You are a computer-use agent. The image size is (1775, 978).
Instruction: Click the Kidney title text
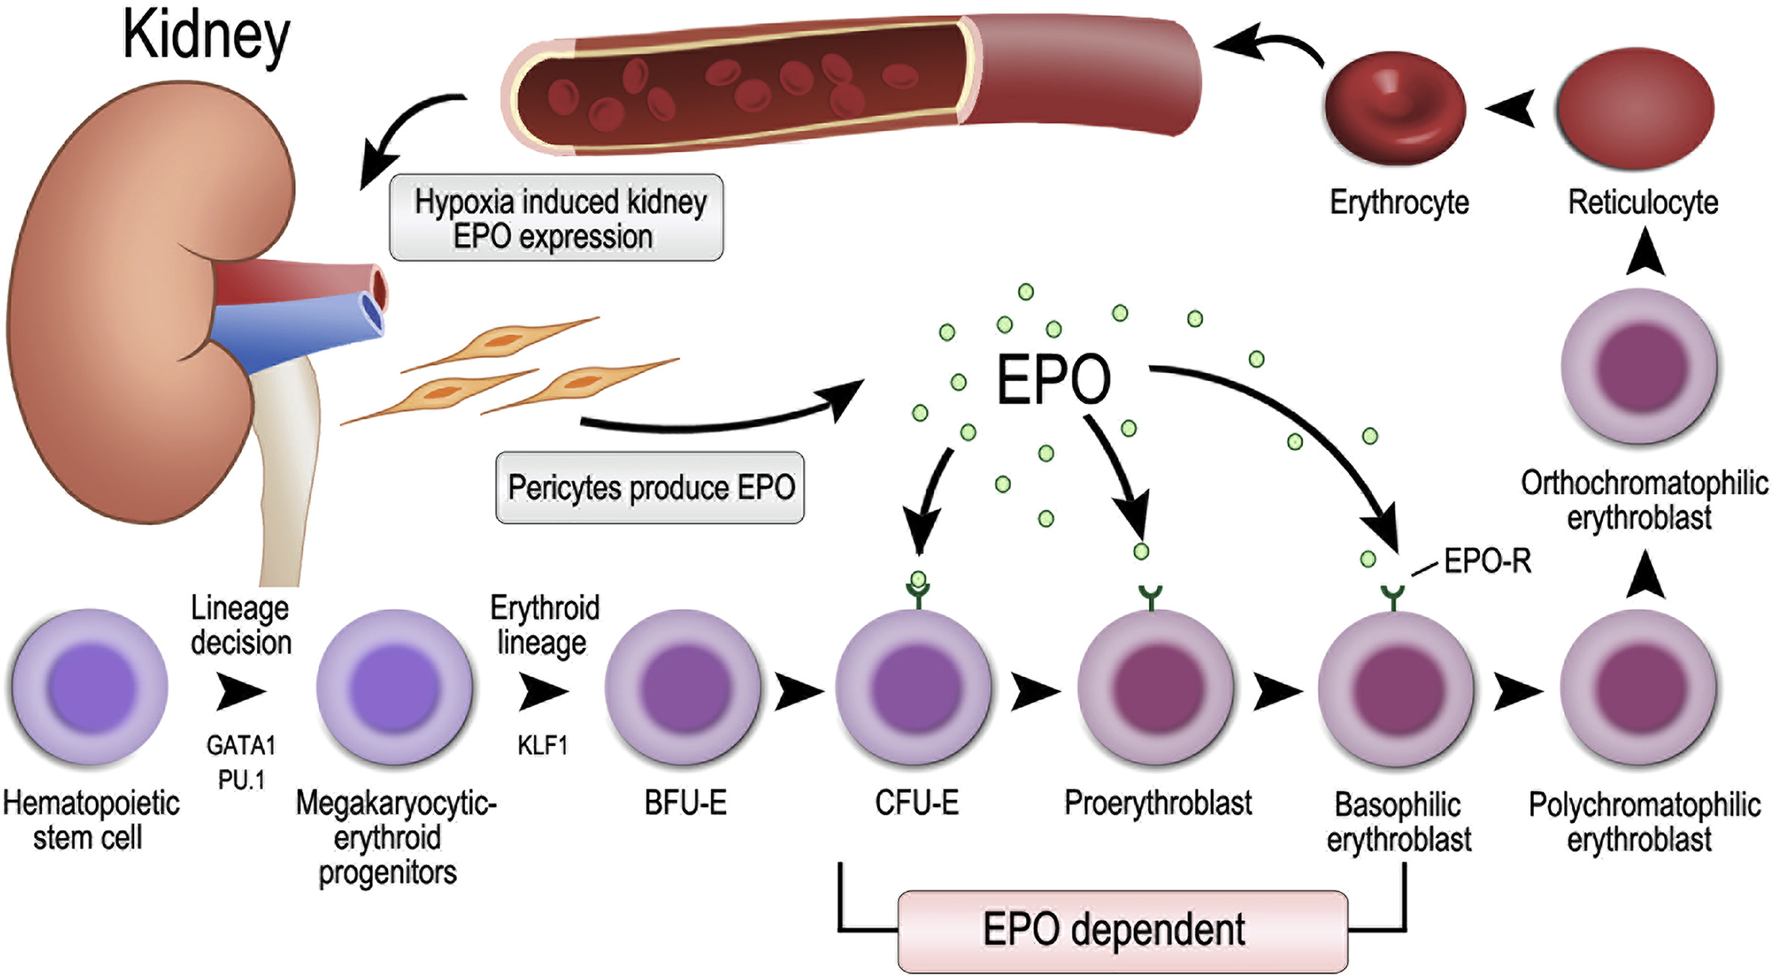[206, 36]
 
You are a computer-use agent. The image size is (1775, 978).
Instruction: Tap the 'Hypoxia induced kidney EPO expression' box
[556, 218]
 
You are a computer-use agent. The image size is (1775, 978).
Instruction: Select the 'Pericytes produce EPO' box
[650, 488]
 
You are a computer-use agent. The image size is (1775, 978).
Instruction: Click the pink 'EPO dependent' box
[1122, 931]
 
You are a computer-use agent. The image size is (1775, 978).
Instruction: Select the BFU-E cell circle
[683, 687]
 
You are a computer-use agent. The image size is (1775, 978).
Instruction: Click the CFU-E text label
[917, 804]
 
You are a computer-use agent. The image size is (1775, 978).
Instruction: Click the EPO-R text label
[1487, 561]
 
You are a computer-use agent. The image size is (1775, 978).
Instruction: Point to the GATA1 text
[241, 746]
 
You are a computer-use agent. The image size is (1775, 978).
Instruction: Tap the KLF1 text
[542, 746]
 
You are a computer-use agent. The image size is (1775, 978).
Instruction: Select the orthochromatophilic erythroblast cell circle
[1639, 367]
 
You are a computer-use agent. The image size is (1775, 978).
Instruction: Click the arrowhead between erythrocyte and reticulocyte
[1511, 109]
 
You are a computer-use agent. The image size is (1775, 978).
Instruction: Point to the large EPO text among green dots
[1053, 380]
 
